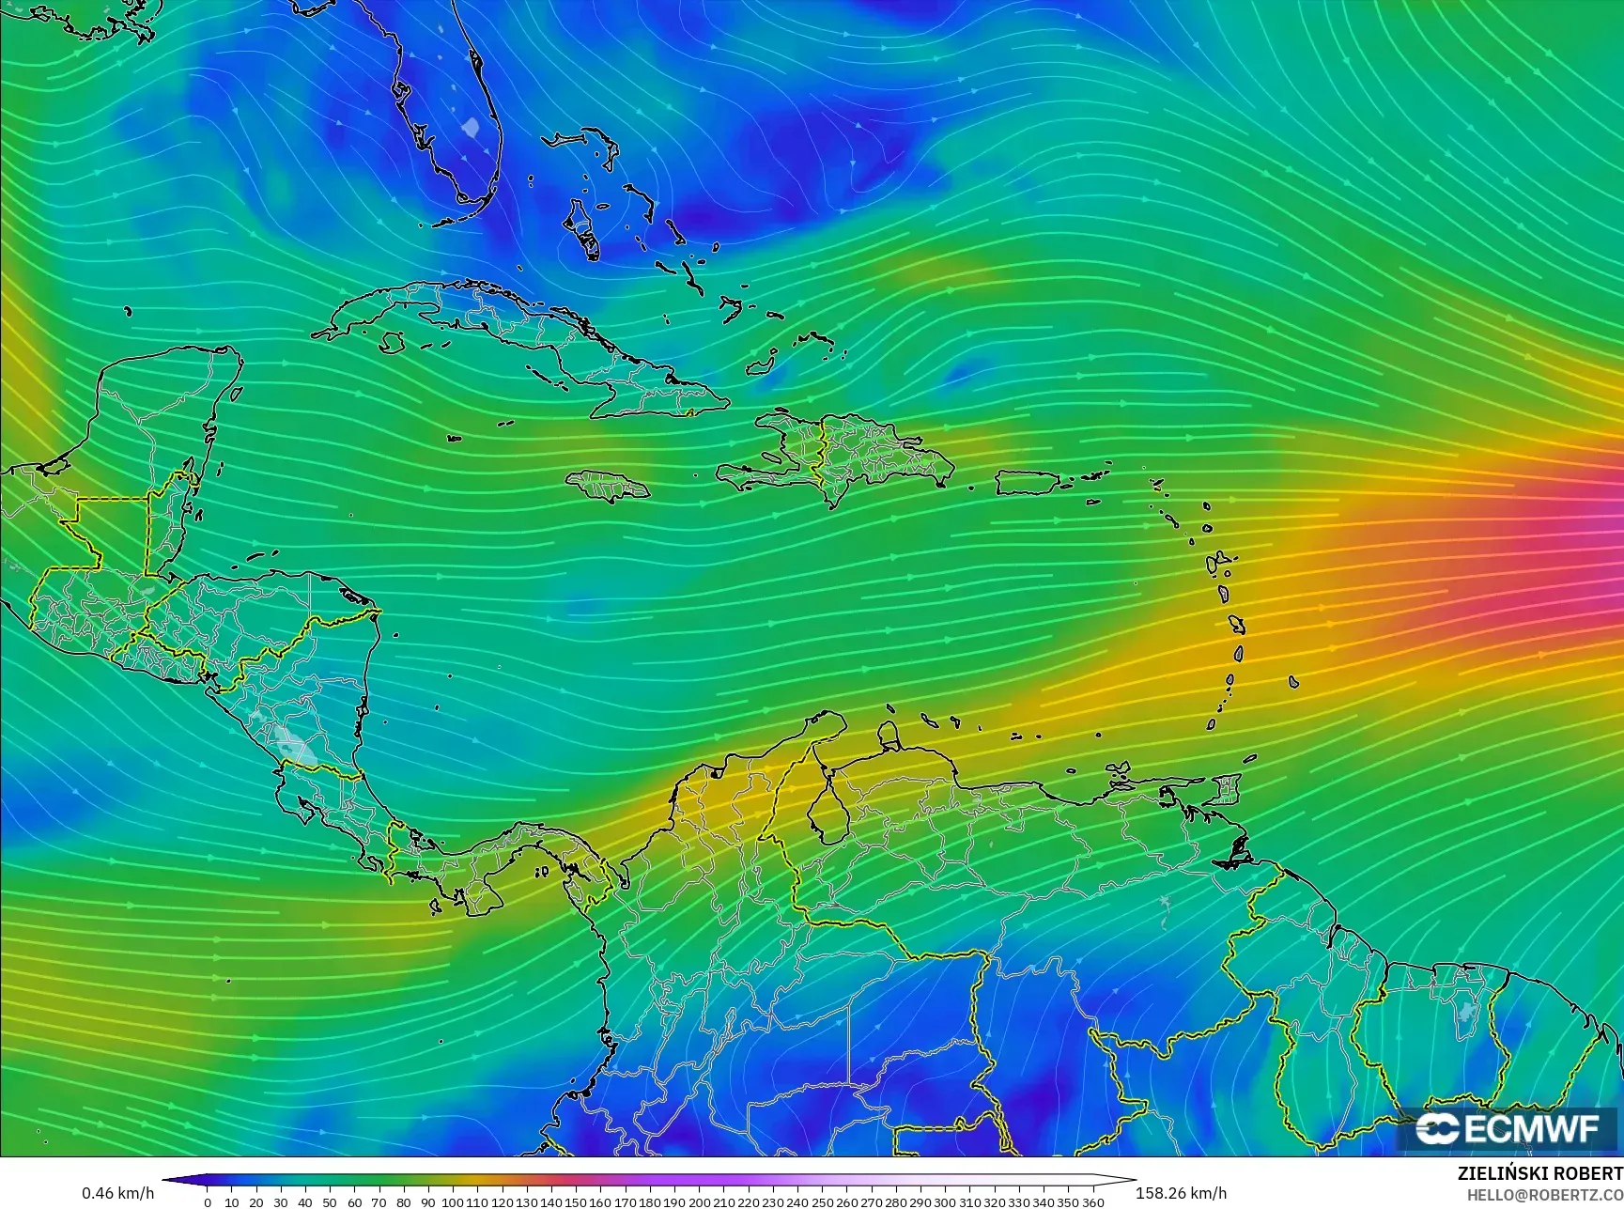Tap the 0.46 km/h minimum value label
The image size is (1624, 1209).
point(117,1193)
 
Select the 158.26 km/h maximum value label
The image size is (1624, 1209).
point(1181,1193)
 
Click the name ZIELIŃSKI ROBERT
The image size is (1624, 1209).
point(1539,1173)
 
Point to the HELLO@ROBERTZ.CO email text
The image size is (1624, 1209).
point(1545,1194)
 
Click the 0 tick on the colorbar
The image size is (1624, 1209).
point(208,1202)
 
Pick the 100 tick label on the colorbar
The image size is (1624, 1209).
point(453,1202)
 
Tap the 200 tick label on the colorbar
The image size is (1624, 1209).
point(699,1202)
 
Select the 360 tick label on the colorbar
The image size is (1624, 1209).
point(1092,1202)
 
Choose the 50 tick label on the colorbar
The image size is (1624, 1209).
point(330,1202)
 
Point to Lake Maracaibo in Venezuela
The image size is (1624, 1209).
point(825,815)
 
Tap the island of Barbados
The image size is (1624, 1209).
point(1293,682)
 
